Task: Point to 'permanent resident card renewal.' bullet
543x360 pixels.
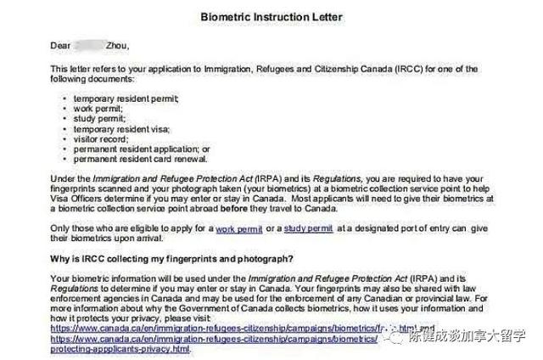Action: (141, 158)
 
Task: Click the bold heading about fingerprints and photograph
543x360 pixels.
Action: (172, 258)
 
